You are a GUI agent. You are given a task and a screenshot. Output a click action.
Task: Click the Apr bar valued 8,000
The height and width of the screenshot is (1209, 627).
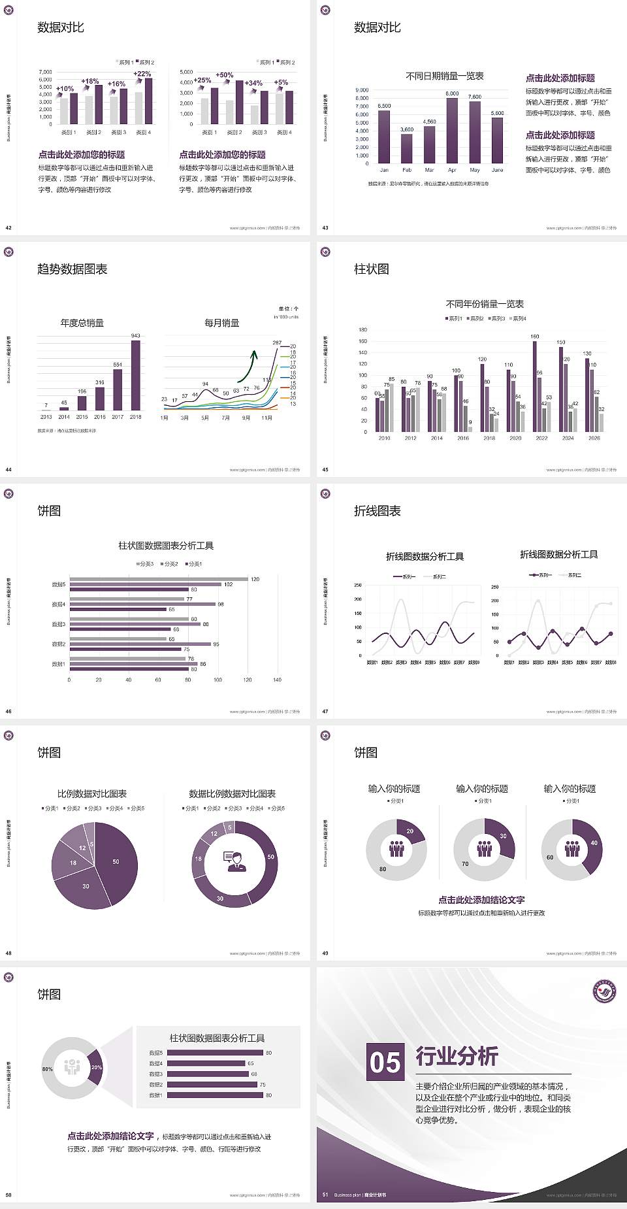click(x=452, y=131)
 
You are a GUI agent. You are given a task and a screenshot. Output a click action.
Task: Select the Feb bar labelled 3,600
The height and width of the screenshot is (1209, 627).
click(x=406, y=148)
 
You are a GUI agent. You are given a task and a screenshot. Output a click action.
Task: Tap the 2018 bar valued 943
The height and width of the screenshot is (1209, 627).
click(x=135, y=376)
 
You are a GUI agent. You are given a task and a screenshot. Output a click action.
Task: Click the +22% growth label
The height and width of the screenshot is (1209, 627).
click(x=142, y=74)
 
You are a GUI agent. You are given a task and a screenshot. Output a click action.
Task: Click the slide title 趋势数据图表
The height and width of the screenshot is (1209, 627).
click(x=72, y=269)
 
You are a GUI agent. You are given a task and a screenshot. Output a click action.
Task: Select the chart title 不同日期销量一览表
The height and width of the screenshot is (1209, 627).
click(x=444, y=76)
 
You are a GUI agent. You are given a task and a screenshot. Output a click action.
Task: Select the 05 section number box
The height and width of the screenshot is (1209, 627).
click(x=385, y=1061)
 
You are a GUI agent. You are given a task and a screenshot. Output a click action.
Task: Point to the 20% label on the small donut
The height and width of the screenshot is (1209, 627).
click(x=96, y=1067)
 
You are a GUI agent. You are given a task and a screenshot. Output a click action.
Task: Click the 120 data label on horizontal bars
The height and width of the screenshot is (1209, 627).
click(x=255, y=579)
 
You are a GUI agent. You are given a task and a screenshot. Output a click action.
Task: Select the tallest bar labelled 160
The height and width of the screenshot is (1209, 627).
click(x=535, y=386)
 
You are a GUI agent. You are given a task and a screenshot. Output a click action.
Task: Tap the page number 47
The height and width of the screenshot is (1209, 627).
click(x=325, y=712)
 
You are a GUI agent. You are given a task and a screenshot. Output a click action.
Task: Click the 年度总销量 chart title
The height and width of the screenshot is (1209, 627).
click(x=82, y=323)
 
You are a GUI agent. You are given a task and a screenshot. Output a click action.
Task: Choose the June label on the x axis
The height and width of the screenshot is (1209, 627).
click(x=497, y=170)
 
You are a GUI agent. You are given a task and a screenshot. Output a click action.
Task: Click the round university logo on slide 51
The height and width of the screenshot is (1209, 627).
click(x=604, y=991)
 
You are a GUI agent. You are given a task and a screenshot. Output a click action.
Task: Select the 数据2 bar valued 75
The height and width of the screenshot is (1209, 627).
click(x=212, y=1084)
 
